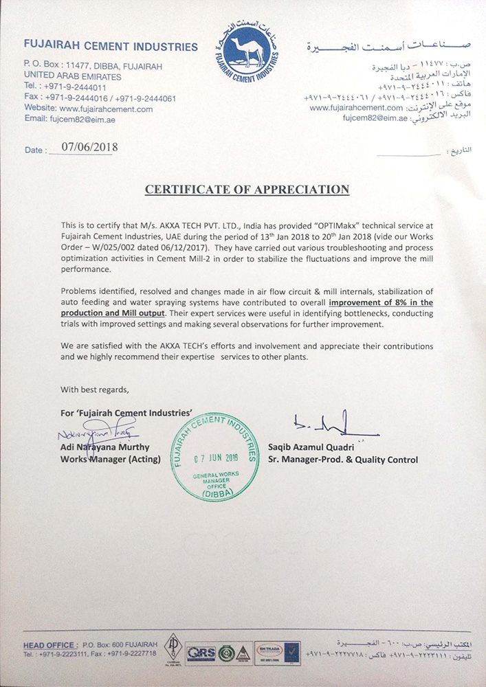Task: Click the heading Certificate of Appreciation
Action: pyautogui.click(x=247, y=190)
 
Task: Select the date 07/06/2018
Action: pyautogui.click(x=90, y=147)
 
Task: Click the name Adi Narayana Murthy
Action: pyautogui.click(x=104, y=447)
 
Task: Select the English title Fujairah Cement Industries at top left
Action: pyautogui.click(x=110, y=47)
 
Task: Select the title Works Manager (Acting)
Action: pyautogui.click(x=103, y=459)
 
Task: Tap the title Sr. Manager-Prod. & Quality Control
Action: pyautogui.click(x=342, y=460)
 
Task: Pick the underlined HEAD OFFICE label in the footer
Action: pyautogui.click(x=49, y=644)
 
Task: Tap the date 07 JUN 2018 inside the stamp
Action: pyautogui.click(x=216, y=458)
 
